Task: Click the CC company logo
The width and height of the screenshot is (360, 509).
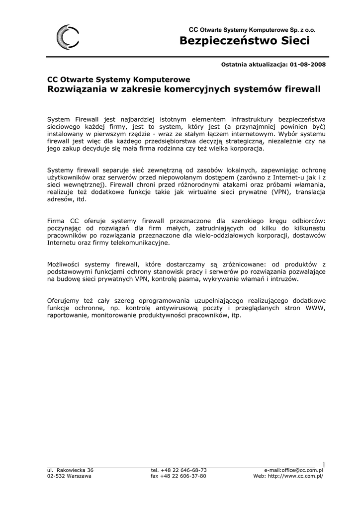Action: [x=66, y=38]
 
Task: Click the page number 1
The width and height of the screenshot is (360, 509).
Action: [x=323, y=465]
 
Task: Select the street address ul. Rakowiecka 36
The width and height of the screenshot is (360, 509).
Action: [x=70, y=470]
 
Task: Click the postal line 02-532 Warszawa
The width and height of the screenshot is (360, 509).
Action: [x=69, y=476]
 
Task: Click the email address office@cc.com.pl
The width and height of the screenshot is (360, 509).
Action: [x=302, y=470]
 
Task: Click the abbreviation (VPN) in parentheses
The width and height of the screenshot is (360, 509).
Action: [x=280, y=191]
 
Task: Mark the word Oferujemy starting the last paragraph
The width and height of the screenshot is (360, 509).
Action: [x=63, y=301]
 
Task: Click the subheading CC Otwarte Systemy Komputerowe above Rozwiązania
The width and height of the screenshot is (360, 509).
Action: [x=118, y=80]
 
